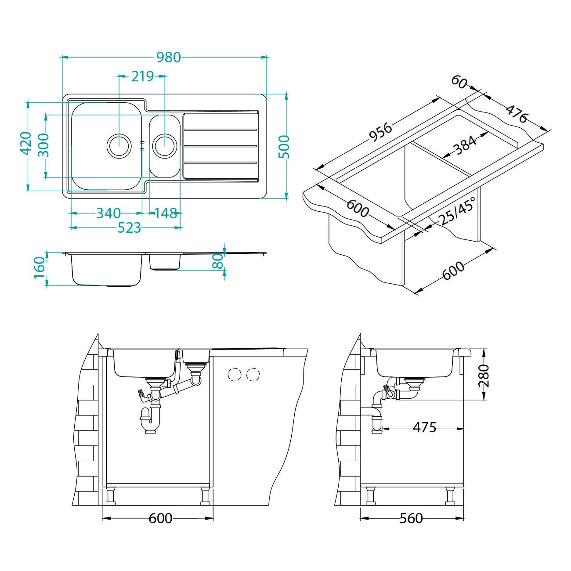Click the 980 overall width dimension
168,57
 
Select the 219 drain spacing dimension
142,76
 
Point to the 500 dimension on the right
284,147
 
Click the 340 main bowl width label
109,213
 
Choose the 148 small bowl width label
166,213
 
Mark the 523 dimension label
129,228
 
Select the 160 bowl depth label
40,268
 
